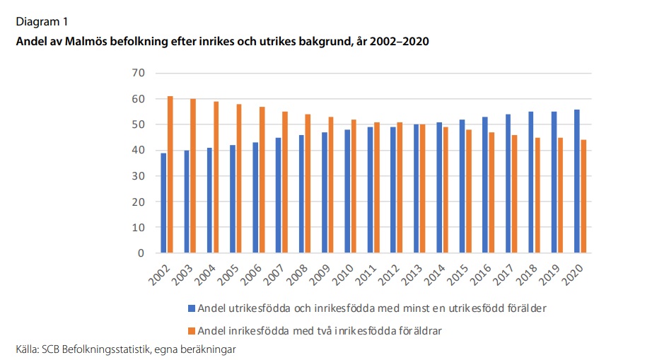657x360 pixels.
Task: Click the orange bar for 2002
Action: [170, 175]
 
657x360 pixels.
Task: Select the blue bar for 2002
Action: [163, 203]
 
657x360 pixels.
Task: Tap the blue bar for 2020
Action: [577, 181]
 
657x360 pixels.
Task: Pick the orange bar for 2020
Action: [583, 197]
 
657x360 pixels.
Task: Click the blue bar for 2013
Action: [417, 189]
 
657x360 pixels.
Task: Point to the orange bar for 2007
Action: [285, 182]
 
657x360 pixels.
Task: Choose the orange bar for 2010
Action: [354, 186]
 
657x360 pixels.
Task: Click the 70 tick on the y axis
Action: [138, 73]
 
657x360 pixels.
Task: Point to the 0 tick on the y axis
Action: [141, 252]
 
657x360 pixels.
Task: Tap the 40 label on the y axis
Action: [138, 150]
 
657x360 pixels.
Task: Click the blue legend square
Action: [190, 308]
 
